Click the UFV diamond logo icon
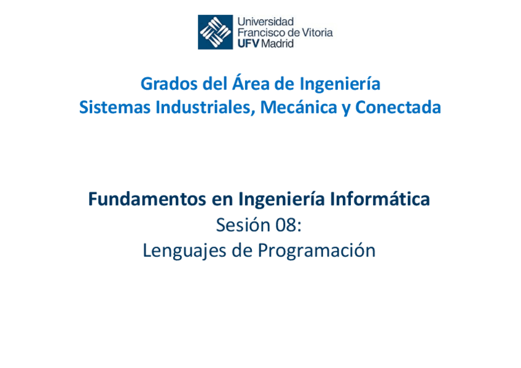click(x=215, y=32)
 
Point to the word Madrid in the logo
click(x=278, y=44)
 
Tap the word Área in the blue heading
click(x=253, y=84)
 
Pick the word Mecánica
click(x=299, y=108)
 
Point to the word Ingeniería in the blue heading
click(x=340, y=84)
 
